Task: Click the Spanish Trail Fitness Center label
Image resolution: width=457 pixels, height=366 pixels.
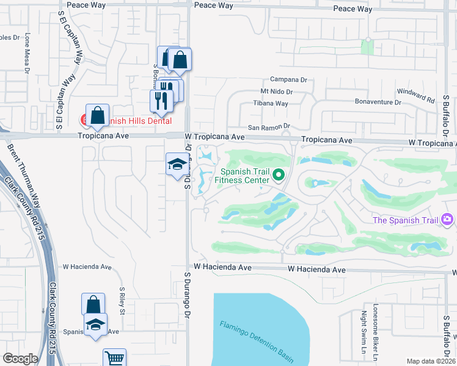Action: pyautogui.click(x=244, y=176)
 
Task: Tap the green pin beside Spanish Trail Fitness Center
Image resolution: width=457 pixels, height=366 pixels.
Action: pyautogui.click(x=279, y=176)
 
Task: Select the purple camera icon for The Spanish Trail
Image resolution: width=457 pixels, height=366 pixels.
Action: pyautogui.click(x=447, y=219)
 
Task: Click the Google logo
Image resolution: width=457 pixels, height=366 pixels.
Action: pyautogui.click(x=20, y=359)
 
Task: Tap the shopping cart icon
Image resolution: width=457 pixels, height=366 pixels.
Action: pyautogui.click(x=114, y=359)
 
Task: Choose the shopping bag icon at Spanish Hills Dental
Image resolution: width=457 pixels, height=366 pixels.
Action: pyautogui.click(x=98, y=115)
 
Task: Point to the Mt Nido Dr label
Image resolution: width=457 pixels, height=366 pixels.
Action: pyautogui.click(x=277, y=91)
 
